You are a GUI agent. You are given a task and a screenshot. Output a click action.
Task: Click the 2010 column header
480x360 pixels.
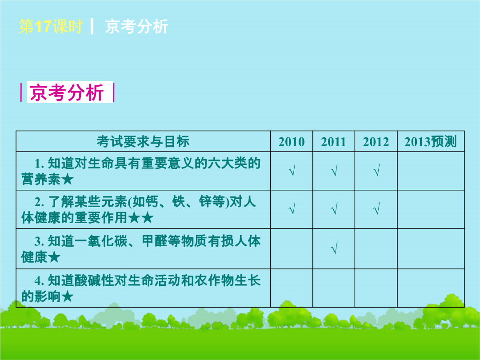[292, 142]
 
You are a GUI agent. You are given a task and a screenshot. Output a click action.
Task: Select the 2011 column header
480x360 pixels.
[333, 142]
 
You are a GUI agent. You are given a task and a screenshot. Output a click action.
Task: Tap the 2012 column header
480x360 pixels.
[376, 142]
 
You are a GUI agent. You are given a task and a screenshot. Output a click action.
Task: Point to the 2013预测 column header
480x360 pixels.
[430, 141]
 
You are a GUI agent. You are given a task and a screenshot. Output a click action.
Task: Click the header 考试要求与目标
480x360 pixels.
[143, 141]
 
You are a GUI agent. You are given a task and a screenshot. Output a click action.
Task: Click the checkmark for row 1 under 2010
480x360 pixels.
[292, 170]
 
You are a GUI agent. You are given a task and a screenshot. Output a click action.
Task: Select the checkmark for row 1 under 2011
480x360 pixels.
[334, 170]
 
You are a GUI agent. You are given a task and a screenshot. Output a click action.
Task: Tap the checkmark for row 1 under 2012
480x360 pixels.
[376, 170]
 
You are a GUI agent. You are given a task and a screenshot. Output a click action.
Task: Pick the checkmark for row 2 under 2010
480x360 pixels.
[292, 208]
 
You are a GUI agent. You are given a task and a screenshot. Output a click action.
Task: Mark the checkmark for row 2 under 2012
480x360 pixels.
[376, 208]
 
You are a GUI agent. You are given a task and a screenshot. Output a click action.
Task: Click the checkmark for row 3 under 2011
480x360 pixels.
[334, 248]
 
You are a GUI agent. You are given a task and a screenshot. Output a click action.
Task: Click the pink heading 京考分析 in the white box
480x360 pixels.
[67, 92]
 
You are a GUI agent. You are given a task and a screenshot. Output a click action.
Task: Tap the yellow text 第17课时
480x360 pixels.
[51, 26]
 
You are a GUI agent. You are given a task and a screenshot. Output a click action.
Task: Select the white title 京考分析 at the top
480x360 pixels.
[136, 26]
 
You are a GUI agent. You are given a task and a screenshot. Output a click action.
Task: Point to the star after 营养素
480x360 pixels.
[68, 180]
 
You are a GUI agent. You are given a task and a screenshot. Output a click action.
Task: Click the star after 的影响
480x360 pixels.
[68, 296]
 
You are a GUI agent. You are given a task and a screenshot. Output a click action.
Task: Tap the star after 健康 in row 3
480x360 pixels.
[54, 257]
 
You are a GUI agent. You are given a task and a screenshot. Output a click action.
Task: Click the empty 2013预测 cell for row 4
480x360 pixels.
[431, 288]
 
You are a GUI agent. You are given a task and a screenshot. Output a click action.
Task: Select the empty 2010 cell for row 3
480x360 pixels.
[292, 248]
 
